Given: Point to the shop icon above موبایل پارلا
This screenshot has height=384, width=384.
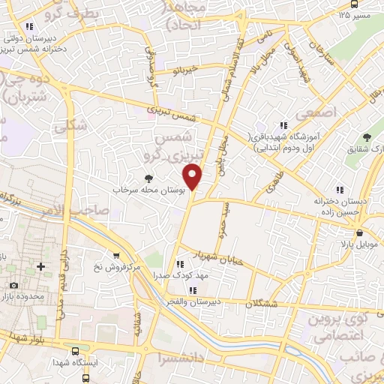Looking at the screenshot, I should point(361,232).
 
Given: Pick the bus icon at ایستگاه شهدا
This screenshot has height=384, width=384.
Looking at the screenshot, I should point(74,351).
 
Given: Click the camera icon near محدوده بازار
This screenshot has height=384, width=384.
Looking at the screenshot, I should point(13,286).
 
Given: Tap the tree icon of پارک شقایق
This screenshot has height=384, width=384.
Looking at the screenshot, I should point(367,137).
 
